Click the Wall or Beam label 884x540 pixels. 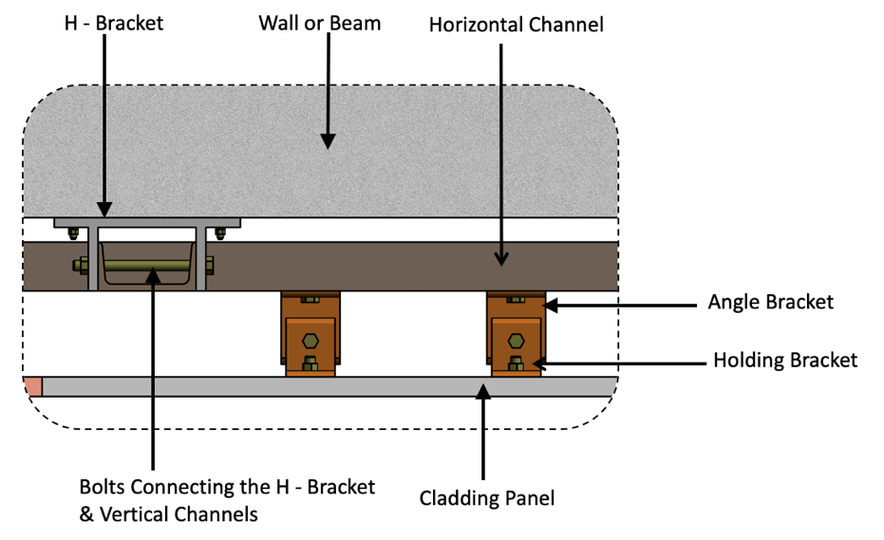click(x=319, y=23)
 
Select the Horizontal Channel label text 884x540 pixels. click(x=516, y=25)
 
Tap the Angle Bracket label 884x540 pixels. click(x=770, y=303)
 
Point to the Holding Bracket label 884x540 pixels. click(x=785, y=360)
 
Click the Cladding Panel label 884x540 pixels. click(x=487, y=497)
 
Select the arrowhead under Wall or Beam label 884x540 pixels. click(x=327, y=140)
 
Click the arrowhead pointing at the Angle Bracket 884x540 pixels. click(x=551, y=305)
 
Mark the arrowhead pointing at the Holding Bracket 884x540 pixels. click(x=539, y=361)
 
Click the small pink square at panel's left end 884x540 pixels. click(x=32, y=386)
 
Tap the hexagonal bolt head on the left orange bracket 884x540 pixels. click(x=310, y=340)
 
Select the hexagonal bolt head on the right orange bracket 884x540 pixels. click(x=516, y=340)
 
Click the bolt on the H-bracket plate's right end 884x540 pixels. click(x=222, y=231)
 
